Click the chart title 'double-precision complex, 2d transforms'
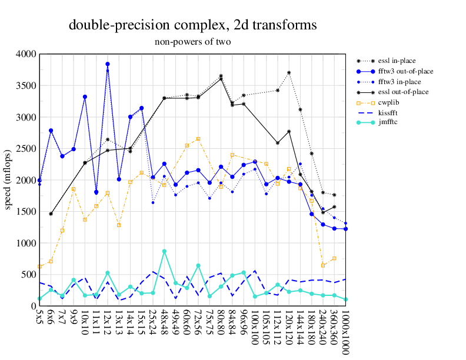192,25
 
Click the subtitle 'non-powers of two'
192,42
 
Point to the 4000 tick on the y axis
26,54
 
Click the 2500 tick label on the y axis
26,149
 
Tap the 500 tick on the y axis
29,275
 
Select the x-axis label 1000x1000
345,332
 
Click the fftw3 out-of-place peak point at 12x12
108,64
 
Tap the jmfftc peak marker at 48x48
164,251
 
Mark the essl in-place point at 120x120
289,73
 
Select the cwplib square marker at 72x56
198,139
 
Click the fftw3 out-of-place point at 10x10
85,96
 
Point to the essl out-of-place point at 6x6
51,214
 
